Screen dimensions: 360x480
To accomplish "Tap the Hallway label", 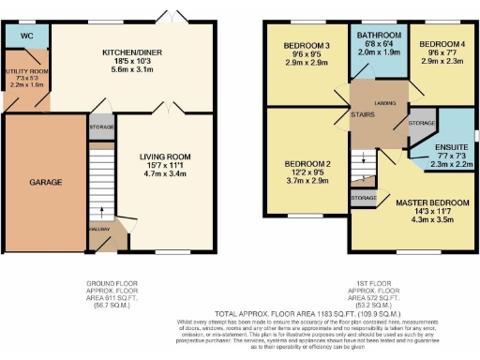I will point(98,228).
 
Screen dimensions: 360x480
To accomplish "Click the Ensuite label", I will point(451,147).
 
